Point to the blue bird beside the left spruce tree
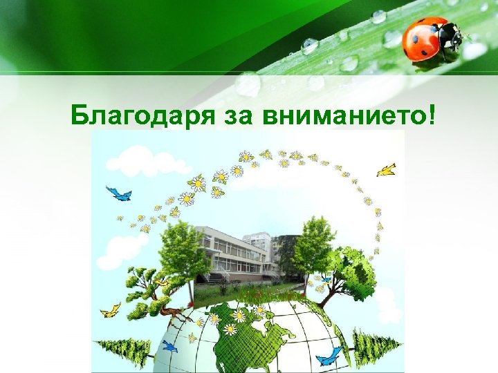169,345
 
